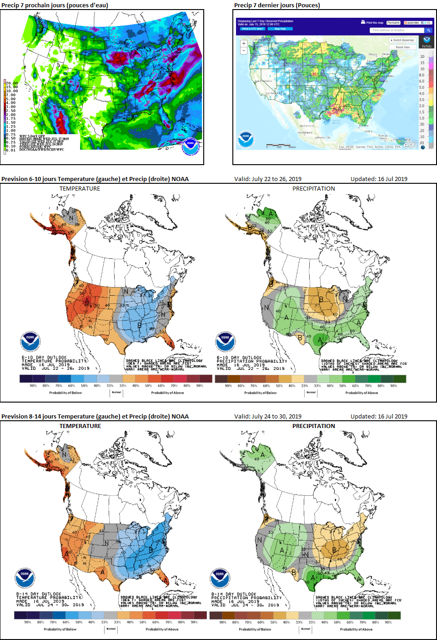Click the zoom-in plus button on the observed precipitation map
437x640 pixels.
coord(244,44)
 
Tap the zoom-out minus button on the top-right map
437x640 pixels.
coord(244,50)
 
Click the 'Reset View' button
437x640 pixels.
coord(402,47)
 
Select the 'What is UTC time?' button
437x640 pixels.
coord(252,29)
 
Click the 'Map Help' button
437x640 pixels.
coord(280,29)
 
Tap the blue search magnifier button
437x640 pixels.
coord(428,30)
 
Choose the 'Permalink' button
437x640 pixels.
coord(393,23)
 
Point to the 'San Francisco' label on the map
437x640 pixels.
coord(263,81)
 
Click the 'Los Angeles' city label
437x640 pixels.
coord(273,93)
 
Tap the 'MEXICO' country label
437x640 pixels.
coord(307,126)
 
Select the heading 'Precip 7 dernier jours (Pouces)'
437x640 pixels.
coord(277,5)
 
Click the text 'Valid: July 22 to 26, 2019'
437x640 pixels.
coord(268,179)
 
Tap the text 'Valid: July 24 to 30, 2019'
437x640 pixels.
coord(268,416)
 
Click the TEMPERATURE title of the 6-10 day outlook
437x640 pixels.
coord(80,188)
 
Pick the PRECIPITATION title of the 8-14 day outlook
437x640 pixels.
coord(313,426)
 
